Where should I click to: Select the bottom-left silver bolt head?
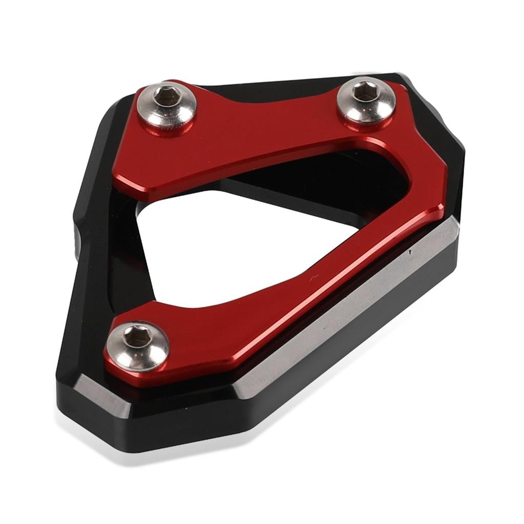138,346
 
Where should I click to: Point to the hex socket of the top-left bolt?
167,96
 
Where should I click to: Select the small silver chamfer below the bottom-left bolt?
102,391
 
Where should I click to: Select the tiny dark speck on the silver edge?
410,252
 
